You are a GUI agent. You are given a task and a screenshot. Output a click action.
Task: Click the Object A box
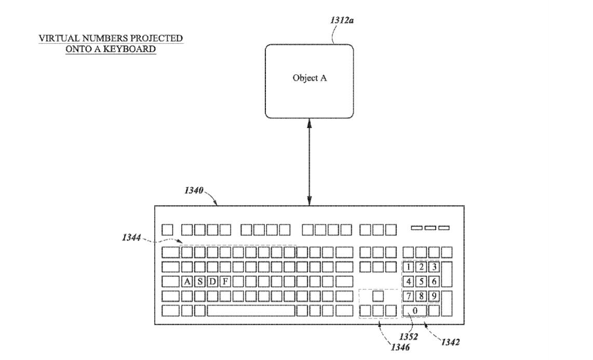309,82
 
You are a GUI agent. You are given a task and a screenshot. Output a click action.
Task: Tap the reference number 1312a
342,20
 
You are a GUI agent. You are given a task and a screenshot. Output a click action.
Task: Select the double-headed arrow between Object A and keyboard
309,162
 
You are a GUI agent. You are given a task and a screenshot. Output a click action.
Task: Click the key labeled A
187,282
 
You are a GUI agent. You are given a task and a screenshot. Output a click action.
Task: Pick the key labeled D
212,282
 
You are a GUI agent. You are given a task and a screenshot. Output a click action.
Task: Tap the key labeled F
225,282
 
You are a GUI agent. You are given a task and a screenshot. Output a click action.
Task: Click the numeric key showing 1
409,267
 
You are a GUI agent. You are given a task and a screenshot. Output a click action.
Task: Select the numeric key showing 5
421,282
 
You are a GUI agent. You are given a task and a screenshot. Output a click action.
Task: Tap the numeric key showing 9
434,296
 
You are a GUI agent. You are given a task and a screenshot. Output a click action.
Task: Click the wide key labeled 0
415,311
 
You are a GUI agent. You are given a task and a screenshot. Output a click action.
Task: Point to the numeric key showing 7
409,296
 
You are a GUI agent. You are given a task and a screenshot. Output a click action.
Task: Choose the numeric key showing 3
434,267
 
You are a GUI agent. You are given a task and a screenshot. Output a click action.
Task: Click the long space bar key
251,311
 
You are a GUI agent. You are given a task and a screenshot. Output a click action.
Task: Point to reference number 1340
194,190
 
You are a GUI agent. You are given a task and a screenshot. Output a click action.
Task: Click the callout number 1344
131,237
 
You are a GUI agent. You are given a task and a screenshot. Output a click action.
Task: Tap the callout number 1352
409,336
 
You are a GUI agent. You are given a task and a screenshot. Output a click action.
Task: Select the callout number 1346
400,347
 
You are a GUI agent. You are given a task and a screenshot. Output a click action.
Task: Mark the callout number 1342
450,342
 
